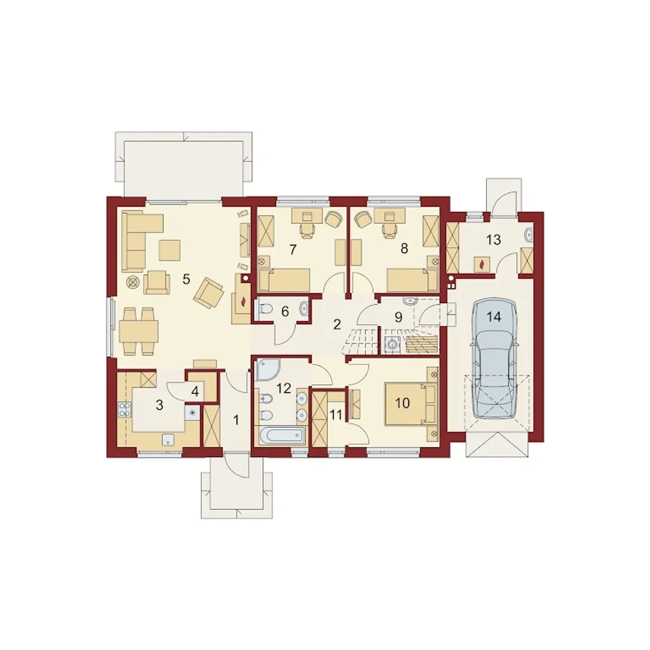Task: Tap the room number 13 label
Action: coord(493,240)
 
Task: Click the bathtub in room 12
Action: coord(282,436)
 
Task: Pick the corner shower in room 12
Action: coord(268,370)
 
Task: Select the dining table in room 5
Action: coord(139,331)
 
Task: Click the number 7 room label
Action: coord(293,250)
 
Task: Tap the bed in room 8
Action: coord(412,280)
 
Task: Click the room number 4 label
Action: coord(194,392)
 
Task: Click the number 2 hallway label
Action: coord(337,324)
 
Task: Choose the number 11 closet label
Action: coord(336,415)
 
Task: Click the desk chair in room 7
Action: coord(308,232)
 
